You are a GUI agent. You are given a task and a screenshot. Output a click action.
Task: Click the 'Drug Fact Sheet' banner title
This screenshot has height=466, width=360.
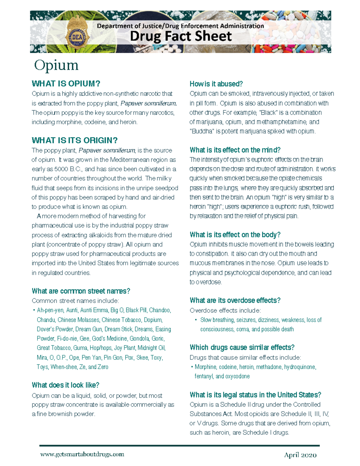coord(181,36)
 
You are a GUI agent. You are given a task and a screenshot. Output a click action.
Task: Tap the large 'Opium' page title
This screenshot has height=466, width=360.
coord(56,65)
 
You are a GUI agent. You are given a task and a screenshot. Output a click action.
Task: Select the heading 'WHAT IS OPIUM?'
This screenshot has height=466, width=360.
coord(66,83)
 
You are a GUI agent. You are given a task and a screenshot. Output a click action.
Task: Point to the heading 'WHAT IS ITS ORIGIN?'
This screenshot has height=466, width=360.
coord(74,140)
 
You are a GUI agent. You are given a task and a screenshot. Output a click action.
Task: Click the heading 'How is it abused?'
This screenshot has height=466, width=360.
coord(216,84)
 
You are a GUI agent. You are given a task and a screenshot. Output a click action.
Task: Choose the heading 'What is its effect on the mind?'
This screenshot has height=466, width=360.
coord(235,150)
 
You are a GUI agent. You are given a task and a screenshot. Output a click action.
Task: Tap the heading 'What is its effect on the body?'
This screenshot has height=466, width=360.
coord(235,235)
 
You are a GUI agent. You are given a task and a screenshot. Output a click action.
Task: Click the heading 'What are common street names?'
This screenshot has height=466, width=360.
coord(81,291)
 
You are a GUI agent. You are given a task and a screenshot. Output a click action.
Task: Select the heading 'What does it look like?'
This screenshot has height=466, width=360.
coord(65,385)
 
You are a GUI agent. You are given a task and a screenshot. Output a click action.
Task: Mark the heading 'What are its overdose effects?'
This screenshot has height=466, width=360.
coord(235,300)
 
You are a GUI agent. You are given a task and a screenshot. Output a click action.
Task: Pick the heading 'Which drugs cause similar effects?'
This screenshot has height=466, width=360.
coord(242,347)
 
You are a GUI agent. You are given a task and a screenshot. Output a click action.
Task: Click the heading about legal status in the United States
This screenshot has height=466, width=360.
coord(255,395)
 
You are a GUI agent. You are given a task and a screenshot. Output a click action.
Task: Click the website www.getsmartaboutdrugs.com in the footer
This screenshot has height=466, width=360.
coord(82,454)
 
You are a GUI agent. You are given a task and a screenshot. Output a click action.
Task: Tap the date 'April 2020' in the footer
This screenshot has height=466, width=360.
coord(300,455)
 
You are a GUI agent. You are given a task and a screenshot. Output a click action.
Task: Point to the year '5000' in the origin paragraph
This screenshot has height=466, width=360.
coord(61,169)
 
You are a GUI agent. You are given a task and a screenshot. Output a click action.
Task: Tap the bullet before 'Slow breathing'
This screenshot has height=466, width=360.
coord(196,320)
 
